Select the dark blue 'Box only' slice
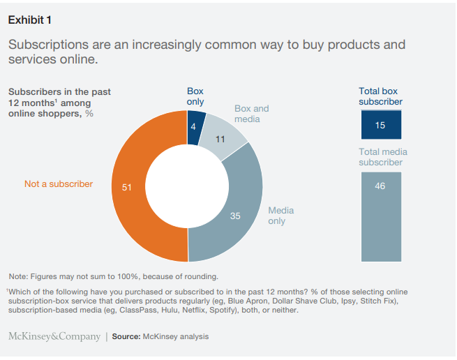point(196,121)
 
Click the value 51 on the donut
point(127,187)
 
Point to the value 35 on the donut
point(235,216)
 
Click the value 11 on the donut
point(220,140)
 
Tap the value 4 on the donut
point(194,126)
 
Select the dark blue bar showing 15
point(380,126)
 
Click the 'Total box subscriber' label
point(380,96)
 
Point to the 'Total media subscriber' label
point(383,157)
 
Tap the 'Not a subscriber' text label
point(58,184)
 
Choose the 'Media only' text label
point(280,216)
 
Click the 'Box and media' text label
point(251,114)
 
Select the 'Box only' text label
point(195,96)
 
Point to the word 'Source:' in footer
point(127,337)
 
